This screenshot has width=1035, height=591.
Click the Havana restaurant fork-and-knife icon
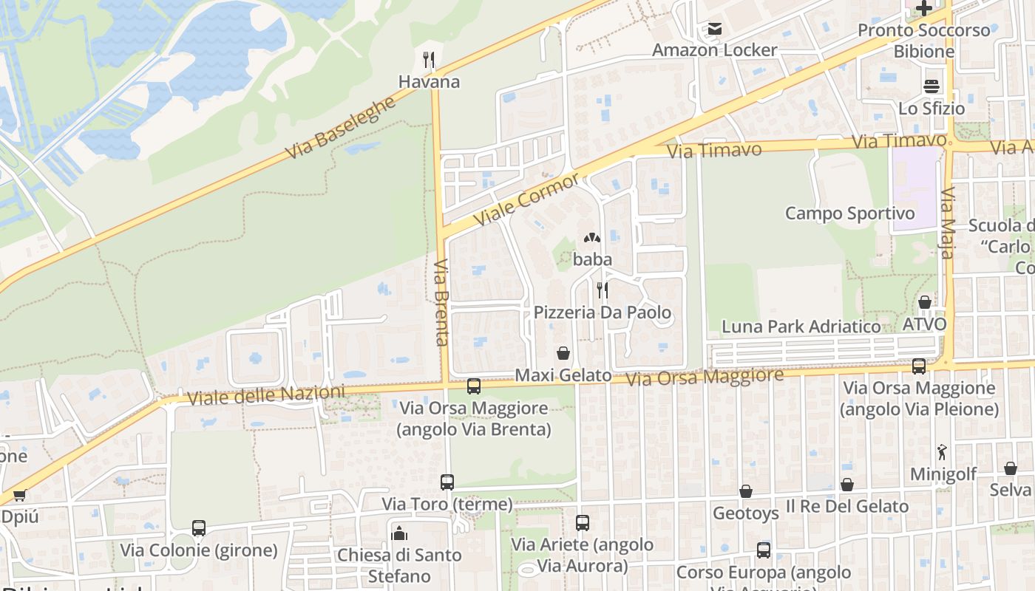[429, 59]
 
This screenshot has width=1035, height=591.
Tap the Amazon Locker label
[714, 50]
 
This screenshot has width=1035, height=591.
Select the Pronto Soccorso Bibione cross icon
[923, 9]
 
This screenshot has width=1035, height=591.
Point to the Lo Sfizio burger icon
[931, 86]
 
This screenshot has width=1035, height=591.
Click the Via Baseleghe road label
[341, 129]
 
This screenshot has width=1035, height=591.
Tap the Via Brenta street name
[442, 302]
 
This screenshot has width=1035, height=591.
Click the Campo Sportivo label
[849, 213]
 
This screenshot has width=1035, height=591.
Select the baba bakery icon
[591, 238]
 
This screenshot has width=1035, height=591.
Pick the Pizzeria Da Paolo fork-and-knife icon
[603, 290]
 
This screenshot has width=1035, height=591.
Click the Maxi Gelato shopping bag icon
[563, 353]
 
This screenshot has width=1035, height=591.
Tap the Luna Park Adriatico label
[801, 327]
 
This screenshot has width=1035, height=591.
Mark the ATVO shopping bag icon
[924, 301]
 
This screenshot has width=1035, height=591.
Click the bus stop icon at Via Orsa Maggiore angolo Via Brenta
[474, 386]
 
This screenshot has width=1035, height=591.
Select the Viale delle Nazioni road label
[266, 396]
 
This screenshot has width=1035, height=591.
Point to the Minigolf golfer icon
[942, 452]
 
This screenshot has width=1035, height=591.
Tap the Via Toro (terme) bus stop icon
[447, 482]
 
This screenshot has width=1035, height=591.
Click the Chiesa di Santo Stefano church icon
[399, 533]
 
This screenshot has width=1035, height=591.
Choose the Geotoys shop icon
[746, 491]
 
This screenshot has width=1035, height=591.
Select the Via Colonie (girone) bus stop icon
[199, 528]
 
